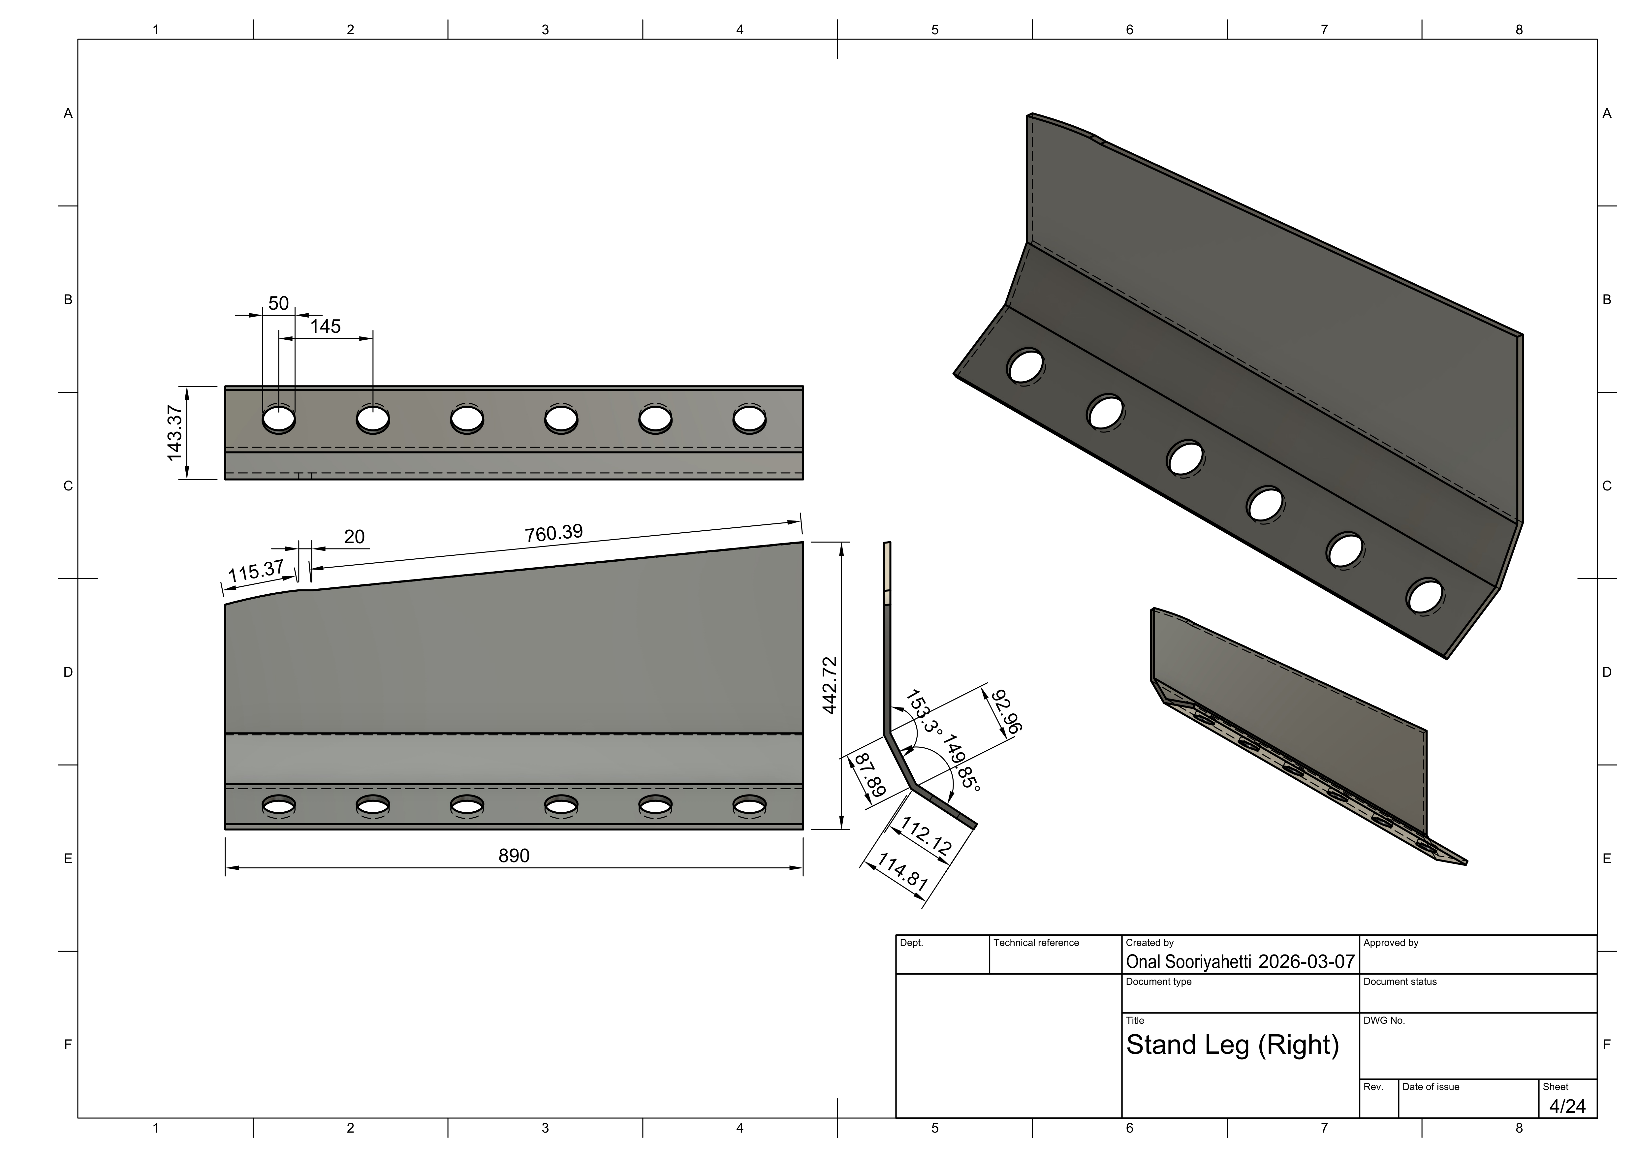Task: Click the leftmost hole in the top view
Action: [x=279, y=419]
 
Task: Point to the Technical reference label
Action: [x=1036, y=942]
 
